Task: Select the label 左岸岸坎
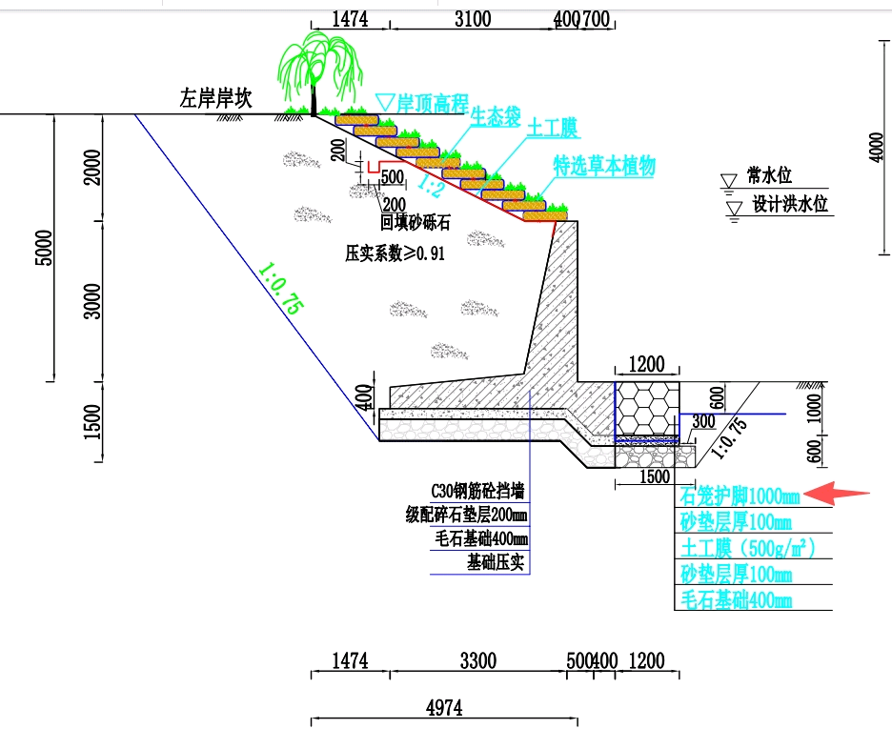coord(216,98)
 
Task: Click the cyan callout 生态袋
coord(495,116)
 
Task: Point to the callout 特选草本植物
coord(604,165)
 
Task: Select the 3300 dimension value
coord(476,660)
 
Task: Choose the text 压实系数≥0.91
coord(395,254)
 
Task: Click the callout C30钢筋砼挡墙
coord(477,492)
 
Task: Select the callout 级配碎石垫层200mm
coord(466,516)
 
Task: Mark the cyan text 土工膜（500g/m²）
coord(747,548)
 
